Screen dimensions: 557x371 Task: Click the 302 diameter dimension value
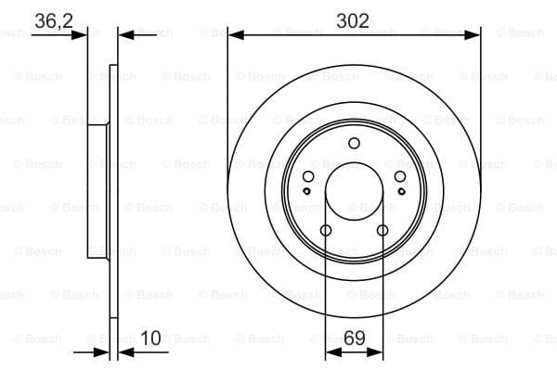(x=353, y=21)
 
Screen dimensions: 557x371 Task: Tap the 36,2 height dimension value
(x=54, y=21)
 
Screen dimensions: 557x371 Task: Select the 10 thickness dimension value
(x=150, y=338)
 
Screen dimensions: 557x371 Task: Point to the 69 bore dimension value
(x=355, y=338)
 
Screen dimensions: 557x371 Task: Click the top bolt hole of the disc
(x=355, y=144)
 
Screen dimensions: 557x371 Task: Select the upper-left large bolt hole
(x=308, y=176)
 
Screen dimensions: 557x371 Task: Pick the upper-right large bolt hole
(x=400, y=176)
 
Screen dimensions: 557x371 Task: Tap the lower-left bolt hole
(x=326, y=230)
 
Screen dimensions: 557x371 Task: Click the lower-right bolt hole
(x=382, y=230)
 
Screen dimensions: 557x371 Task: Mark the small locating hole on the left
(x=307, y=191)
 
